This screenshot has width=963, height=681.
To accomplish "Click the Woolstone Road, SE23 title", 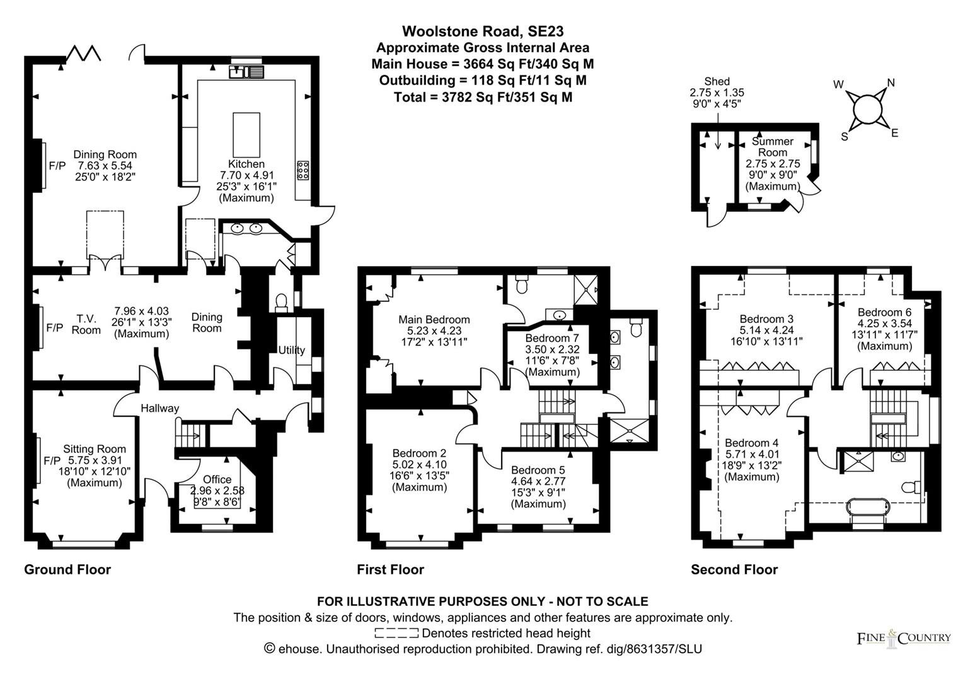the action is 483,31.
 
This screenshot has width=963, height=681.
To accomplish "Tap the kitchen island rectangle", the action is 246,135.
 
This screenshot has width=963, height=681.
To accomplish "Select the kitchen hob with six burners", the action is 303,170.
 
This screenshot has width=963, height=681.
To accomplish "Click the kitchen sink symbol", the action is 246,72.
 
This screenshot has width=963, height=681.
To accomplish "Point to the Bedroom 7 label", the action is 552,338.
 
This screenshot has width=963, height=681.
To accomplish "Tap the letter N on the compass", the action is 891,83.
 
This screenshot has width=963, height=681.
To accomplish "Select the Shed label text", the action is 717,81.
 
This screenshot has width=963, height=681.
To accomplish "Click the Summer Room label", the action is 773,147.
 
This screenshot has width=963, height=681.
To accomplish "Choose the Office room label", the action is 217,479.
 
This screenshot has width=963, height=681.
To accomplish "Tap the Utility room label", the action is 291,350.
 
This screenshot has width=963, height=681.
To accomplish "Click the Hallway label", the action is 160,408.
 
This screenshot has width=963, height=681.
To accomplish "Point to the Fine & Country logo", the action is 904,638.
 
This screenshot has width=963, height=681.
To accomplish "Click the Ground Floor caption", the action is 67,569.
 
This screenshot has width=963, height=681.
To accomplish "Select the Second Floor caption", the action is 734,569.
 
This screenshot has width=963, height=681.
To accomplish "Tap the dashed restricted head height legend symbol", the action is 396,633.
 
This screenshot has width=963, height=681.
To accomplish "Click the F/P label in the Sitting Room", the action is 52,461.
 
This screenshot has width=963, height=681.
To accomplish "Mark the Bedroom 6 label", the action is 884,312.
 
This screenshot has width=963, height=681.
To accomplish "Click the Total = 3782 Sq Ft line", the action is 483,97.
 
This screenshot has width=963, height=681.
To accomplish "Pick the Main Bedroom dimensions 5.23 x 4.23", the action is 434,331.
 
